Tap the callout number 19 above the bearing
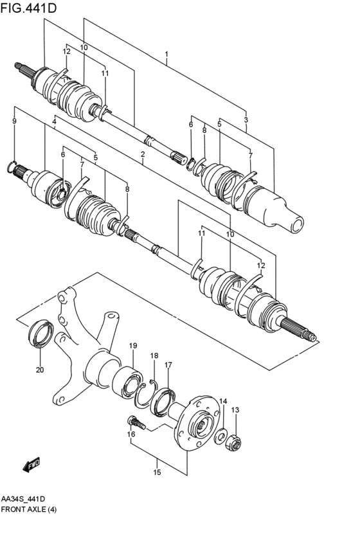[x=133, y=346]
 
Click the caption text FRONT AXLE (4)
[x=32, y=508]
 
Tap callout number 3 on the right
[x=246, y=120]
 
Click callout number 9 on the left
[x=14, y=121]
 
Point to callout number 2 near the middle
[x=142, y=154]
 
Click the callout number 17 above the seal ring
[x=168, y=365]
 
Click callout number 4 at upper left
[x=55, y=121]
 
